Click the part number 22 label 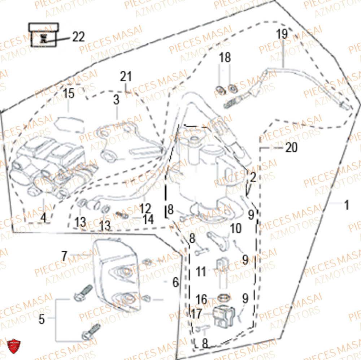(x=78, y=36)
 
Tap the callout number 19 (x=282, y=34)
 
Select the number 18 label (x=225, y=57)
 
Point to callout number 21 (x=126, y=76)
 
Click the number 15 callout (x=69, y=93)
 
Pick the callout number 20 (x=291, y=147)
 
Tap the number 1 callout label (x=347, y=205)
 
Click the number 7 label (x=64, y=256)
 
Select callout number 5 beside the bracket (x=42, y=319)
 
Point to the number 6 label (x=176, y=282)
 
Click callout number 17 (x=196, y=314)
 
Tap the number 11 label (x=201, y=271)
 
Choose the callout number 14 (x=148, y=219)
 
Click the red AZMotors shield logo (x=14, y=346)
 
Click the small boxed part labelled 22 (x=44, y=35)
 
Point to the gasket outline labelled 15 (x=69, y=124)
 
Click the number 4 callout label (x=43, y=218)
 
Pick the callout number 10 (x=236, y=228)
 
